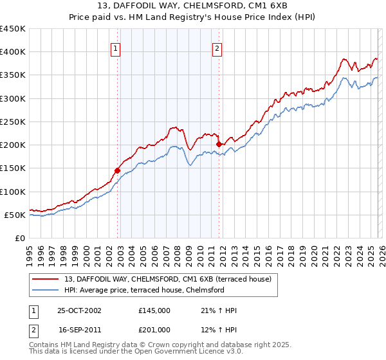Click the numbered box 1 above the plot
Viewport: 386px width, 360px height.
115,48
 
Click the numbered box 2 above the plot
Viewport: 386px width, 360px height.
217,48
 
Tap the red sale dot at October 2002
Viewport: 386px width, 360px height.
118,170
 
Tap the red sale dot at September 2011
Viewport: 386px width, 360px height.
219,145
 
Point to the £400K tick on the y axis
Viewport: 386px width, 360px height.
13,52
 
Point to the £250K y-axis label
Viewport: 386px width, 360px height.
13,122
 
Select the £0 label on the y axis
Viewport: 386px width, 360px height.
19,238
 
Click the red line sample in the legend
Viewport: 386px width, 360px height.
46,280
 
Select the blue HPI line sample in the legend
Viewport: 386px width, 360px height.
46,290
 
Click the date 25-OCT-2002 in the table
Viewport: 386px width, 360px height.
79,310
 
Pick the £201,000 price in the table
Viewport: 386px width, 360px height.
154,329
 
